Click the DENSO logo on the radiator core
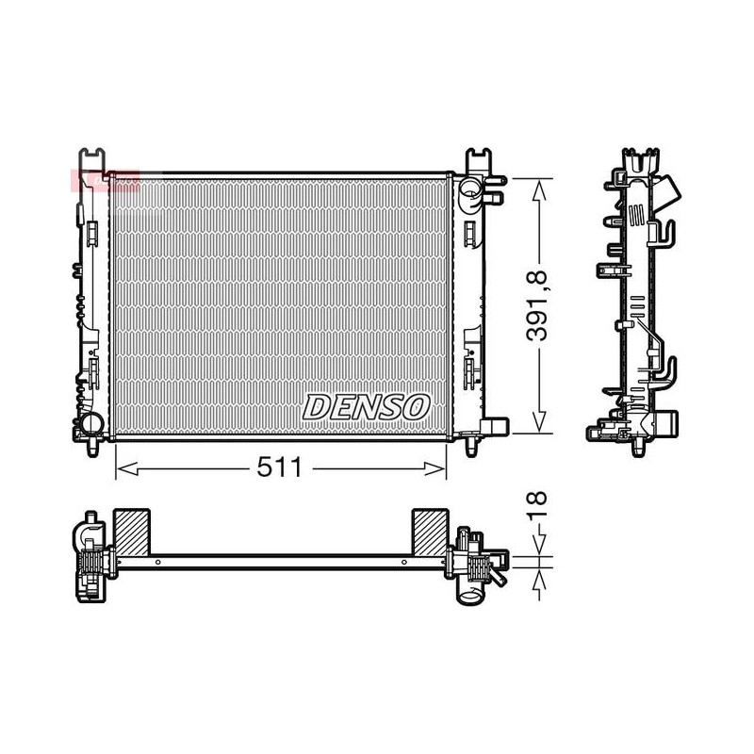[366, 407]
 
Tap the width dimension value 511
[279, 467]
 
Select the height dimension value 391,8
[536, 305]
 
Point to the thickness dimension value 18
[537, 505]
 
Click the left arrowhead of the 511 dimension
[127, 468]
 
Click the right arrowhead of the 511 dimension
[435, 468]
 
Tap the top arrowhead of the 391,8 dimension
[539, 190]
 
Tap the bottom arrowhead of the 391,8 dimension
[539, 421]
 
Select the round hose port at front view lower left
[91, 422]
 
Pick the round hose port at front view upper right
[469, 188]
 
